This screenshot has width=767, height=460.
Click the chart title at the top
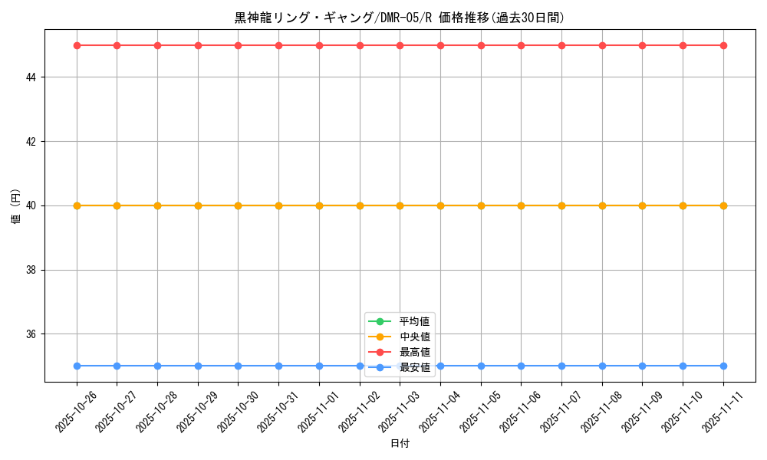(x=400, y=18)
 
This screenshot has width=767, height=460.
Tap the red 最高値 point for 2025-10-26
(x=77, y=45)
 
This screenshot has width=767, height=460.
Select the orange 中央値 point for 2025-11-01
(x=319, y=205)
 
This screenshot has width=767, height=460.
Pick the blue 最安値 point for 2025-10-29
(x=198, y=366)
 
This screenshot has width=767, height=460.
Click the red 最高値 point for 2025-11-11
(x=723, y=45)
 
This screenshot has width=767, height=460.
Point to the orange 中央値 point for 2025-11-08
(x=602, y=205)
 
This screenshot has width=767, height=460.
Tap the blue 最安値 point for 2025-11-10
(x=683, y=366)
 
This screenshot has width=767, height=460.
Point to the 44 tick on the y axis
(x=34, y=77)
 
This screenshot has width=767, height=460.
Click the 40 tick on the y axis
(x=34, y=205)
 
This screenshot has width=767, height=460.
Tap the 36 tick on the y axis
(x=34, y=334)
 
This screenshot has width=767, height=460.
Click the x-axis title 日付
(x=400, y=444)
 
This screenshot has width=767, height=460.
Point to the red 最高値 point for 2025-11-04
(x=440, y=45)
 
